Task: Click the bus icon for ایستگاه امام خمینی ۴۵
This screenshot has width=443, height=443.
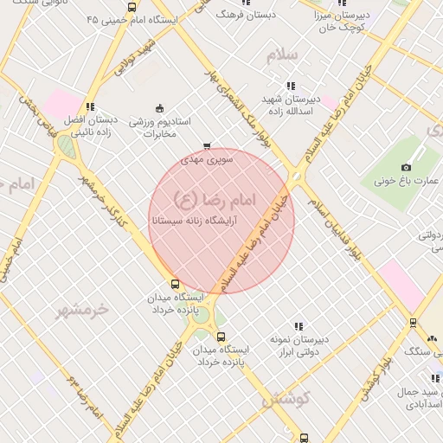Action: [x=132, y=7]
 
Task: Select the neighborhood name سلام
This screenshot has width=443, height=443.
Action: [x=282, y=55]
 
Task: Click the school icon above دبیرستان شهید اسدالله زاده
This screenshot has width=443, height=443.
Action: [x=291, y=86]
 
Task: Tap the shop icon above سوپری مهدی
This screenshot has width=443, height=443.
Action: [x=206, y=146]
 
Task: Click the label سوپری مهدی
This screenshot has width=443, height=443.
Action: [x=203, y=160]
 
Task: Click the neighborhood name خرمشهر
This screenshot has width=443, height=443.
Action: [x=84, y=309]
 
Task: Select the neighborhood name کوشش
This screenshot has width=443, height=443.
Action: [x=285, y=400]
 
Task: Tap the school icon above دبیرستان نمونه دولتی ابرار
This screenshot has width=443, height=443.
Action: [x=299, y=326]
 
